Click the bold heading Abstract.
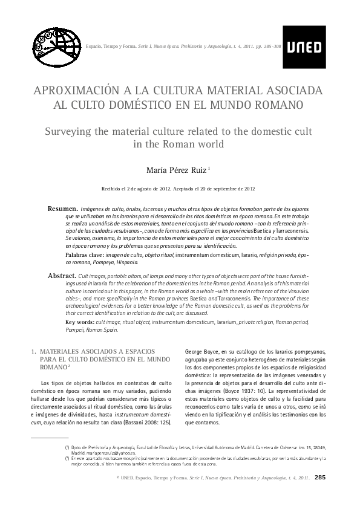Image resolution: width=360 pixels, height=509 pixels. point(61,276)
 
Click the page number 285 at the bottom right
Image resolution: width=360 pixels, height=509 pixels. point(320,478)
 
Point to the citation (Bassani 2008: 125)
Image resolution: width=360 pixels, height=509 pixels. point(143,422)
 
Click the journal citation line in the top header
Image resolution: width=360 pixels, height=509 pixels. point(185,46)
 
